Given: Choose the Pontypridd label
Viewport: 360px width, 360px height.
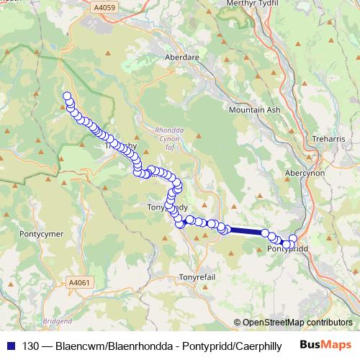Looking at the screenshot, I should [x=287, y=248].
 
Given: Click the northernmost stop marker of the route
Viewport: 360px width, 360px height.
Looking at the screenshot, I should [x=68, y=96].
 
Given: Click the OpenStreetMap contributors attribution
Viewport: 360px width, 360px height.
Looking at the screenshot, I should [x=297, y=323].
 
